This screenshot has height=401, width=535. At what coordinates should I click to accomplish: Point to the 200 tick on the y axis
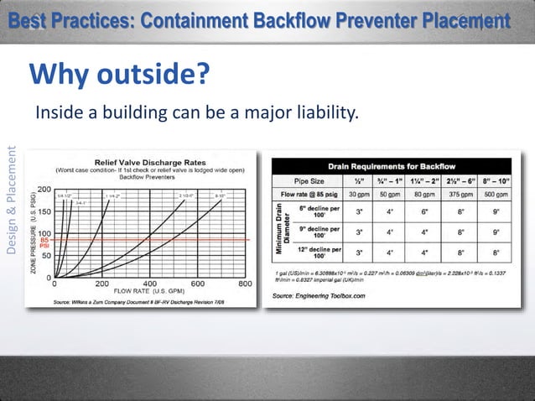(x=43, y=189)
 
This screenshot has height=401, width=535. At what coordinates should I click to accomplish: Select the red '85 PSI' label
(x=44, y=243)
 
